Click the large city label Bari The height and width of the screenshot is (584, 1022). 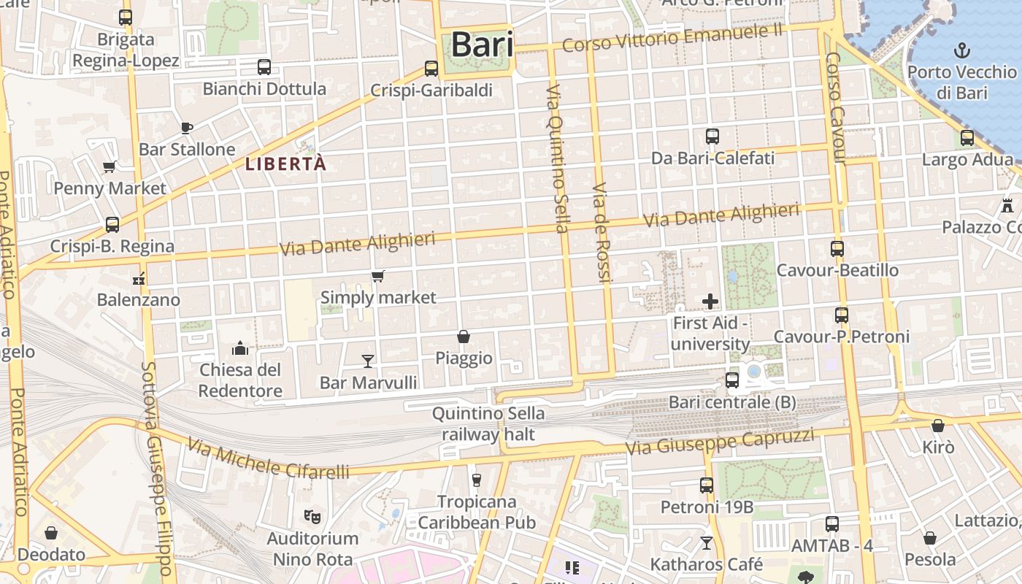(482, 45)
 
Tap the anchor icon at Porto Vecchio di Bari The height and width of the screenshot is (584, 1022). (962, 50)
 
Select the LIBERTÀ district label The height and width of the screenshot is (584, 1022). (285, 164)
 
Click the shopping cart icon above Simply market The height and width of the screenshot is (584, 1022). (377, 276)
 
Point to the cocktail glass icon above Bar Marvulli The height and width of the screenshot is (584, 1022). (367, 361)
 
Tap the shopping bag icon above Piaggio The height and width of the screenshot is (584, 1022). (463, 337)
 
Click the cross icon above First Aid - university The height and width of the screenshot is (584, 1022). (710, 301)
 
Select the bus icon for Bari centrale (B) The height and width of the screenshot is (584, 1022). (731, 380)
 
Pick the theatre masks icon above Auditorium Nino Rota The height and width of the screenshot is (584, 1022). (312, 517)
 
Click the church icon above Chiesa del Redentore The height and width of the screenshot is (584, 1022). (240, 348)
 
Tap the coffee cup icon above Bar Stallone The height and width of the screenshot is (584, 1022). (186, 128)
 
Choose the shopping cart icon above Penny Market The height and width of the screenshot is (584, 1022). (109, 166)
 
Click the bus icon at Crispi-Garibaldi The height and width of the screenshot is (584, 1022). (431, 69)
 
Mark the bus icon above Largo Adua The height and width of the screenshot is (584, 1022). (967, 137)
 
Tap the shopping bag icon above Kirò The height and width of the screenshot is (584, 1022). (937, 426)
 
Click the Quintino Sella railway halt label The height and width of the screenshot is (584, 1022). (488, 424)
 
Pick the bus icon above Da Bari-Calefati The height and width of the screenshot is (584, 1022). (712, 136)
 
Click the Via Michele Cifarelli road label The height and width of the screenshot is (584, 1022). (268, 459)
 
